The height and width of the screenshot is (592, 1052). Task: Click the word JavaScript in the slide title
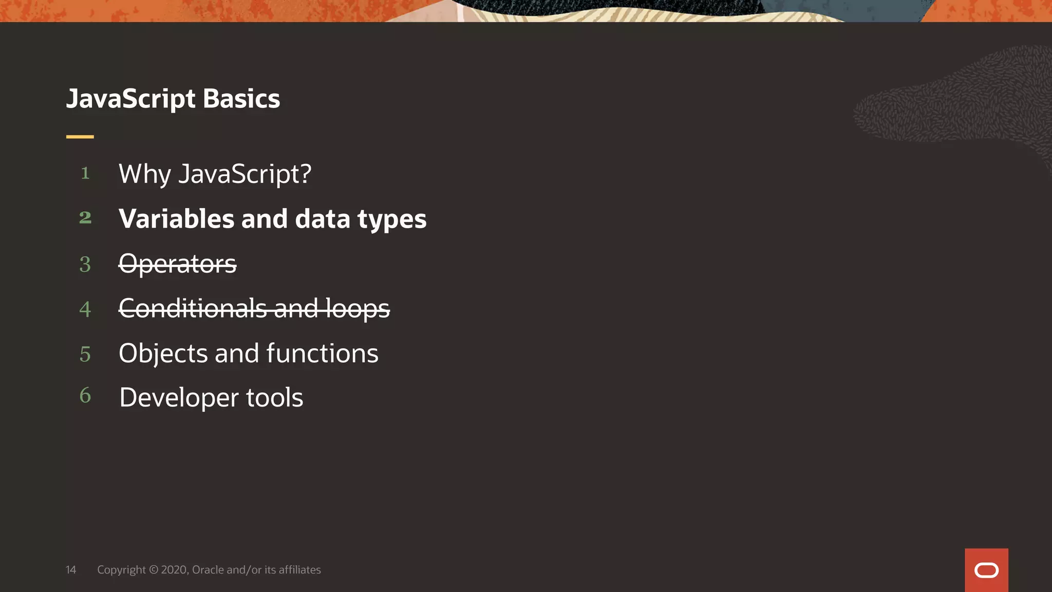(130, 99)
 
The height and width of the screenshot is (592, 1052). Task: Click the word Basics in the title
(241, 99)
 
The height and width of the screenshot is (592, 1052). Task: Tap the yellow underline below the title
(80, 137)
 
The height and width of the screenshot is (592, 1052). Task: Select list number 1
(85, 173)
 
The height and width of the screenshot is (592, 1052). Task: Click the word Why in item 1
(144, 174)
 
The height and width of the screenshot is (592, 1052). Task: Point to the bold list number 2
(85, 218)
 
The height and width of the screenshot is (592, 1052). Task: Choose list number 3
(85, 265)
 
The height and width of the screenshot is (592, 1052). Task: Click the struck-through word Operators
(177, 264)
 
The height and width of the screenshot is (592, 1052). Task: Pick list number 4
(85, 309)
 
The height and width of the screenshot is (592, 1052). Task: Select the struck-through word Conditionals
(193, 308)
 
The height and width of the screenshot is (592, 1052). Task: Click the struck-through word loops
(358, 309)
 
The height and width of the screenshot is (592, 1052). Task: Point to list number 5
(85, 354)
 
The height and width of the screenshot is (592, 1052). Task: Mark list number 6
(85, 395)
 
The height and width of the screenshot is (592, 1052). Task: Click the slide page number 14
(71, 570)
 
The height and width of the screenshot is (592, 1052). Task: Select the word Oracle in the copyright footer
(208, 570)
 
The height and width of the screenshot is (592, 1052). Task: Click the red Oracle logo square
(986, 570)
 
